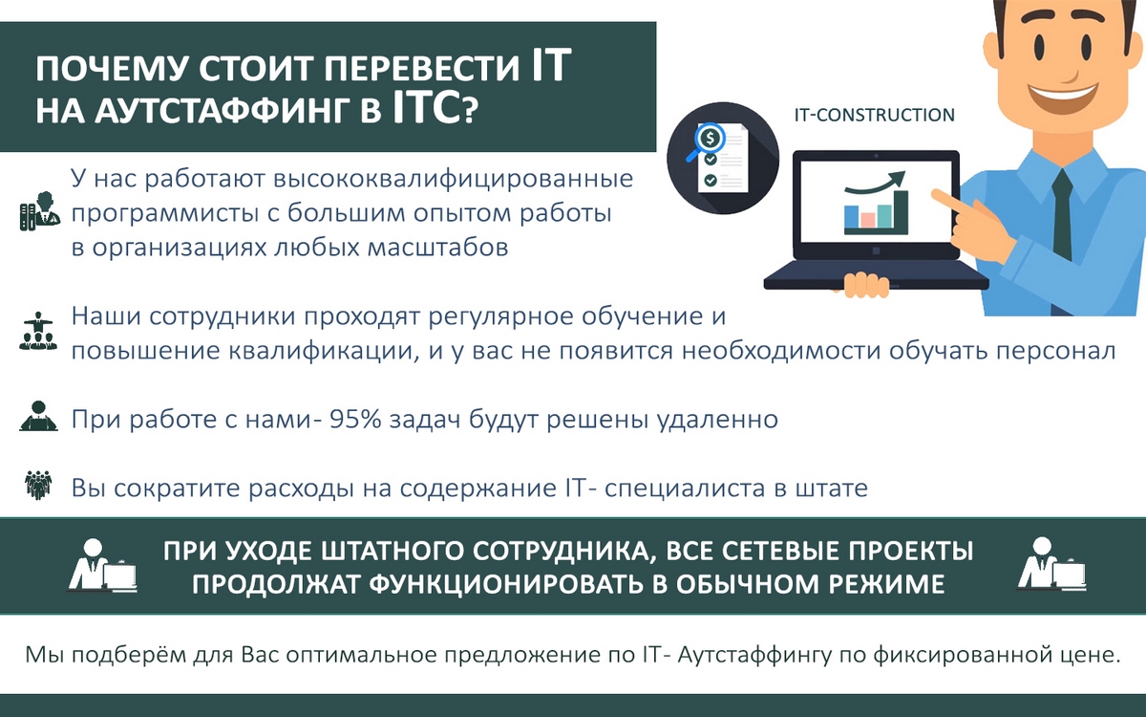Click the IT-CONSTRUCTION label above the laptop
(875, 115)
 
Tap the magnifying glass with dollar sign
(706, 141)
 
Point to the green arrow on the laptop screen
(875, 184)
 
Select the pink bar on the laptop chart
(868, 219)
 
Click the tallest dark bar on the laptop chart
(901, 209)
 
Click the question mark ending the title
(469, 112)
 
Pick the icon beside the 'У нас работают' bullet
(40, 211)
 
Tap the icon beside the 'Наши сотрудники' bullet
(38, 332)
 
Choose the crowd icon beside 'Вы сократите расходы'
(38, 486)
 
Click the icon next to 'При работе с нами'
(38, 417)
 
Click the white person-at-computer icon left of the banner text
(102, 565)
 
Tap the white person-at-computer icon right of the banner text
(1050, 564)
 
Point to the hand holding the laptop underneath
(865, 285)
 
